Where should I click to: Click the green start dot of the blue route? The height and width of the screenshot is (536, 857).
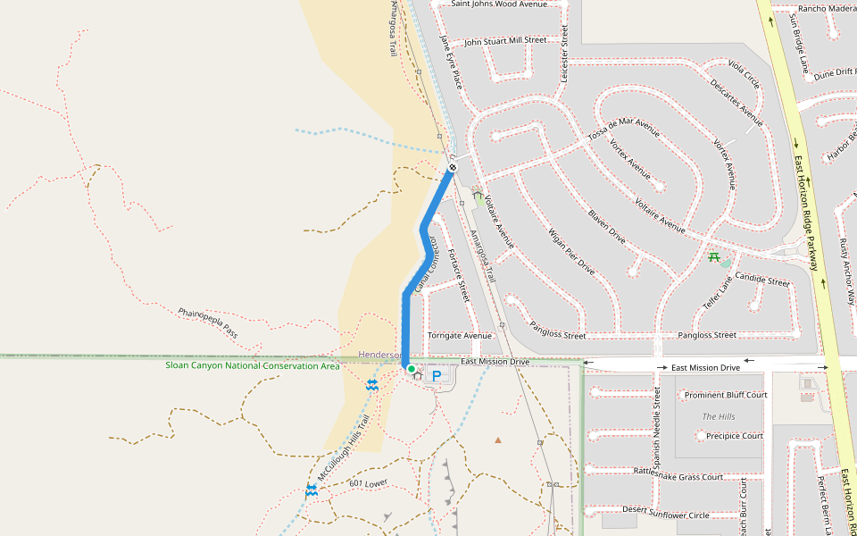[x=411, y=369]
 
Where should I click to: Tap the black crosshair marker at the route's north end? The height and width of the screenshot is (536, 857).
[x=453, y=167]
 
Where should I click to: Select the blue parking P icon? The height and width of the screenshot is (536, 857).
[x=437, y=377]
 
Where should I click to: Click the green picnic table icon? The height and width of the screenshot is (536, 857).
[x=713, y=258]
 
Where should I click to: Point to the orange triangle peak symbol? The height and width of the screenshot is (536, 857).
[x=498, y=440]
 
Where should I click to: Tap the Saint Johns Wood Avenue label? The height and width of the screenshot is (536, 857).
[x=499, y=4]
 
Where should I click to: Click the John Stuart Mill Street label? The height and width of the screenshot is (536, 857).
[x=504, y=40]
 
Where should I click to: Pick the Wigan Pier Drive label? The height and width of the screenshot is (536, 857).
[x=571, y=252]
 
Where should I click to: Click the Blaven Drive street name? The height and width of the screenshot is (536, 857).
[x=606, y=227]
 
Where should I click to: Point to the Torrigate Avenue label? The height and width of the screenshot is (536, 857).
[x=460, y=336]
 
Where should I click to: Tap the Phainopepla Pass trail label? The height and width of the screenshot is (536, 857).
[x=208, y=322]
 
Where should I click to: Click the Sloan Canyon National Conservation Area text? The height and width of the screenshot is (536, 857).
[x=252, y=365]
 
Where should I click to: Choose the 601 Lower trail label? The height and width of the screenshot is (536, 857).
[x=369, y=483]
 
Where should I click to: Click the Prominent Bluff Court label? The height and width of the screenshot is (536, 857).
[x=725, y=395]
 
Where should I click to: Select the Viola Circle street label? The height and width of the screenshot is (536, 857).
[x=744, y=75]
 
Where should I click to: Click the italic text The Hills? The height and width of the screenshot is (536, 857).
[x=719, y=416]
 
